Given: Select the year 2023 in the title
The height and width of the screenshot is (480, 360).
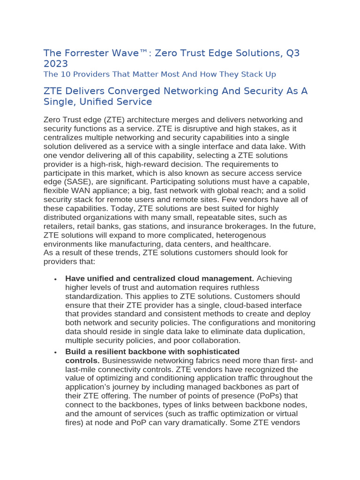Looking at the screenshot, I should click(x=55, y=64).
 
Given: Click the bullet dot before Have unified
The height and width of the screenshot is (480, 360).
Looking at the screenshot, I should click(x=55, y=279).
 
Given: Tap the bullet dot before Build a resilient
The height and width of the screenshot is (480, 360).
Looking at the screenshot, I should click(x=55, y=352).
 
